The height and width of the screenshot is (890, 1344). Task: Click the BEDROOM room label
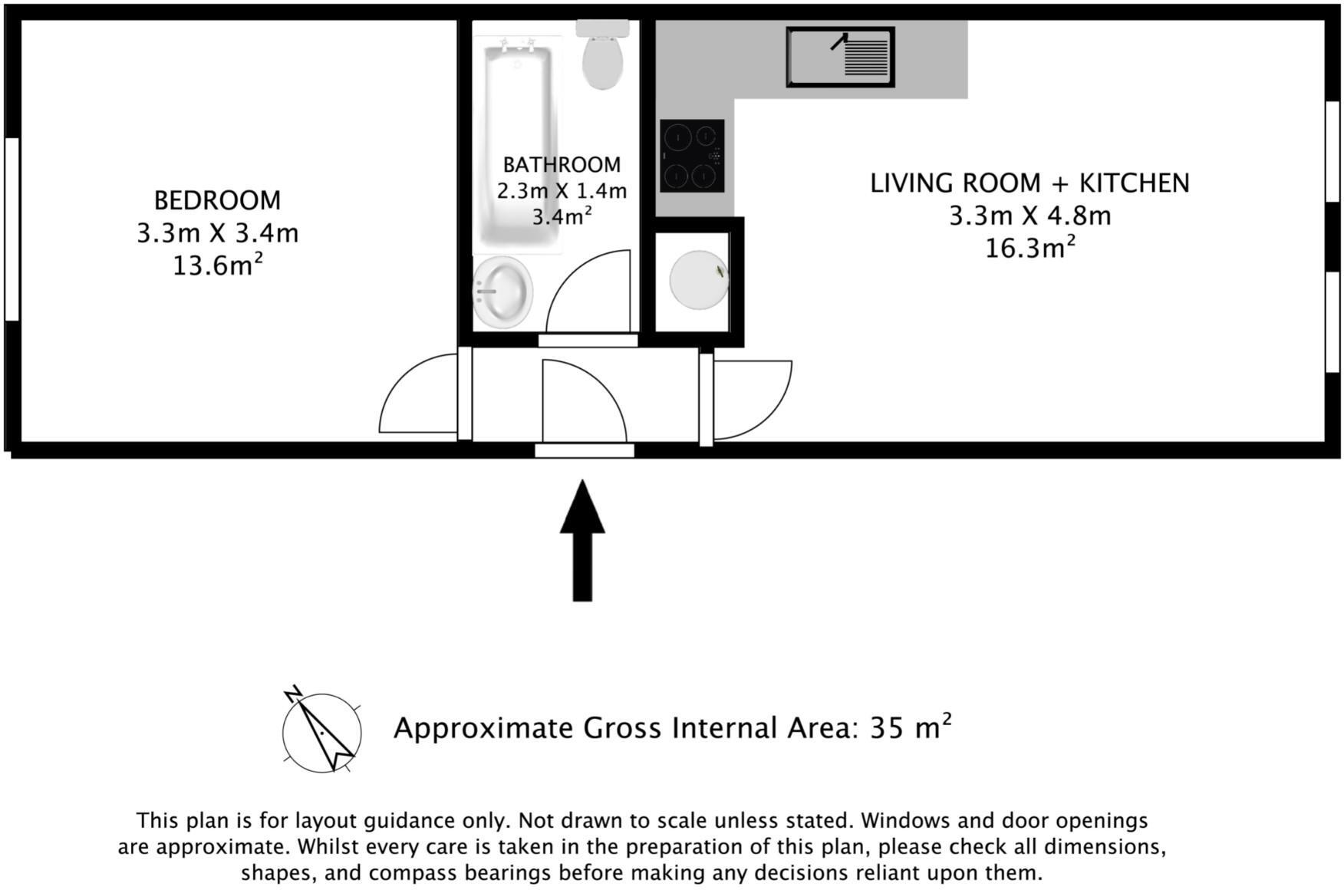tap(217, 200)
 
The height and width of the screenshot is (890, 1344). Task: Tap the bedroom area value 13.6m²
tap(217, 265)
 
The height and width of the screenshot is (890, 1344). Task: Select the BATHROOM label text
tap(562, 165)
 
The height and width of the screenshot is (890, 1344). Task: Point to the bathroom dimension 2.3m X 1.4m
tap(562, 191)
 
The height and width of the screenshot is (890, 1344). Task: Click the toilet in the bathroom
tap(603, 57)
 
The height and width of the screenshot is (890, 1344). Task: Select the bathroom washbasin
tap(502, 292)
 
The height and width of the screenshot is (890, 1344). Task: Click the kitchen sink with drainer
tap(840, 57)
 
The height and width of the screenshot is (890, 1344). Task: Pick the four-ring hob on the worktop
tap(692, 156)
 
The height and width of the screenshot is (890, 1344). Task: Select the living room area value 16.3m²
tap(1029, 249)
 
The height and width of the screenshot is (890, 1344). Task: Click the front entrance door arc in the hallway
tap(583, 399)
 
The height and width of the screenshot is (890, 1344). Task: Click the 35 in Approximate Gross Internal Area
tap(886, 727)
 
